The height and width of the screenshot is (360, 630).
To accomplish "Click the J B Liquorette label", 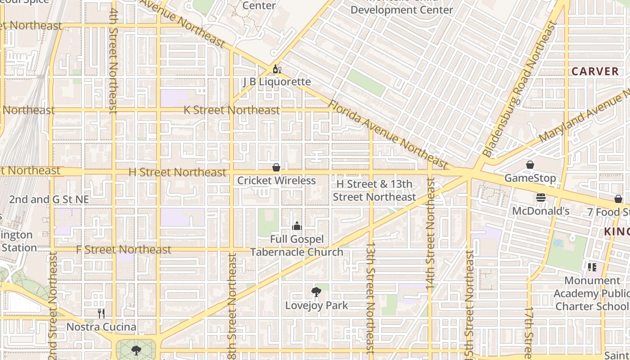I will [x=277, y=81].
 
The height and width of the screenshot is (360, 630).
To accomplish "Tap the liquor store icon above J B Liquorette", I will [x=277, y=69].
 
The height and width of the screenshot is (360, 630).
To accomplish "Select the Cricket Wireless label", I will [x=276, y=180].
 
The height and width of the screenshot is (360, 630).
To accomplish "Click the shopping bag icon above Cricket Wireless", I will [x=276, y=167].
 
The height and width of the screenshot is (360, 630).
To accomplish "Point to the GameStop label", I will [x=530, y=178].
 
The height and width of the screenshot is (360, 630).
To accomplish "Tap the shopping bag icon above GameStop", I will [x=530, y=165].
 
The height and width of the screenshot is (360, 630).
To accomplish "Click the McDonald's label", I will [x=541, y=211].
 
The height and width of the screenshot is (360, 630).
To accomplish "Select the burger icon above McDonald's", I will [x=541, y=198].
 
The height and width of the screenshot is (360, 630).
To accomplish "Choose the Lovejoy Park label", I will [x=317, y=305].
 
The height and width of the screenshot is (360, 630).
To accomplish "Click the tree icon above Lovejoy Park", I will [x=316, y=292].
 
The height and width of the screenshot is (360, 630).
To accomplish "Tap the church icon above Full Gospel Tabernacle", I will [x=297, y=226].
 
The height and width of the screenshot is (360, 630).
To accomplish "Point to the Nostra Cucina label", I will [x=101, y=327].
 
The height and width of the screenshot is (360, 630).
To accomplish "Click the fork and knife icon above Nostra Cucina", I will [x=101, y=314].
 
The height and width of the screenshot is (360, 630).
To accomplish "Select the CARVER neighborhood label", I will [x=595, y=71].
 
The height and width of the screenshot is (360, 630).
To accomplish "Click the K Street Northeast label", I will [x=232, y=110].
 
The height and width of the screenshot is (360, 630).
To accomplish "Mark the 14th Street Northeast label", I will [x=430, y=233].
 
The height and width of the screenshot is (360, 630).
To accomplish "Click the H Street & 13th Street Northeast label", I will [x=374, y=190].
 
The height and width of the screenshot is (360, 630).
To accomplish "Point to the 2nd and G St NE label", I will [x=49, y=199].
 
